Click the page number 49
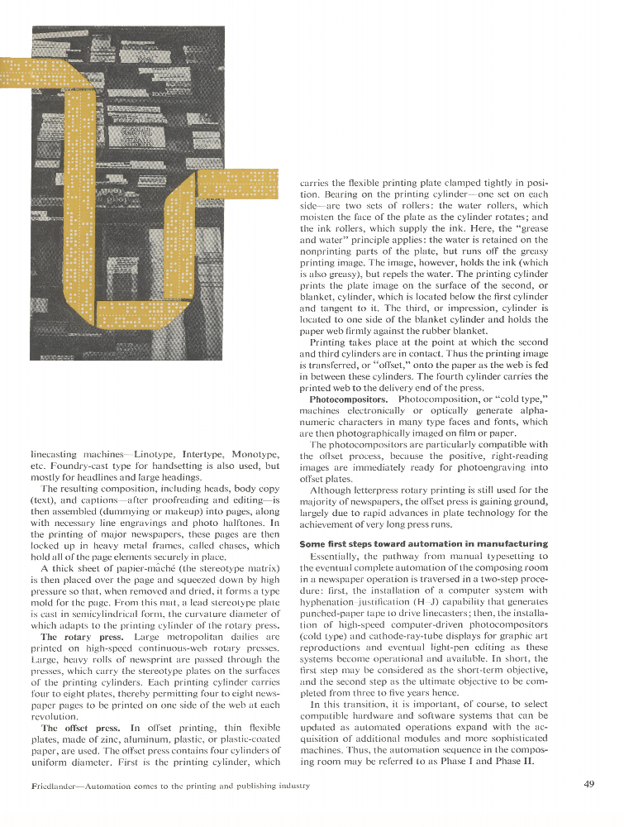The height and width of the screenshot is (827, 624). pos(588,785)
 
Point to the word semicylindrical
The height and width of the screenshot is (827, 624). pos(93,626)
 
